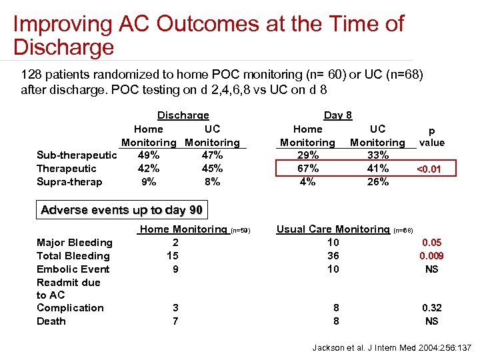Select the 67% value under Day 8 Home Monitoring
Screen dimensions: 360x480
coord(307,169)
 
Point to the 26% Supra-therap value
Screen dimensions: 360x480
coord(377,181)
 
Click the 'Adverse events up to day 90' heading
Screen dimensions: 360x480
coord(121,210)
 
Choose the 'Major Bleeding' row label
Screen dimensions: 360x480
coord(75,243)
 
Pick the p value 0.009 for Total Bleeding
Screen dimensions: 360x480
coord(431,256)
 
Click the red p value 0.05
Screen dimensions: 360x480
coord(431,243)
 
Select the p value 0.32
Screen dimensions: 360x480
coord(431,308)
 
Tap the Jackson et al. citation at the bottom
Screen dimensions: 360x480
coord(392,348)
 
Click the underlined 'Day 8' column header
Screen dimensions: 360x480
coord(337,115)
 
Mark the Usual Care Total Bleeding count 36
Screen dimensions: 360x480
coord(333,256)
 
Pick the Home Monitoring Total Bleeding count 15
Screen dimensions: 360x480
coord(173,256)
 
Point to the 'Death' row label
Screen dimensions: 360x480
coord(51,321)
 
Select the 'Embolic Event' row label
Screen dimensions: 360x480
coord(73,269)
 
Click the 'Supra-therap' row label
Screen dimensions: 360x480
coord(69,182)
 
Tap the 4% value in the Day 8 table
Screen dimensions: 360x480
coord(307,181)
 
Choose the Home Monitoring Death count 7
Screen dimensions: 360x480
coord(175,321)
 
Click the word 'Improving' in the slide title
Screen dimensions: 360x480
coord(60,24)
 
